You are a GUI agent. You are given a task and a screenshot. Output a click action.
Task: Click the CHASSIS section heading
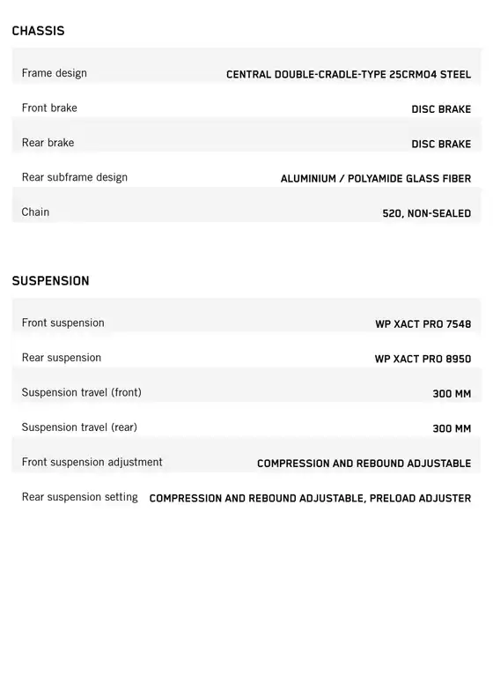tap(38, 31)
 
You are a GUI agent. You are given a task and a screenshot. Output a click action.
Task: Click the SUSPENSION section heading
tap(50, 281)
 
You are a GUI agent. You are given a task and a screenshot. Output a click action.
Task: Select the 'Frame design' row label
tap(55, 73)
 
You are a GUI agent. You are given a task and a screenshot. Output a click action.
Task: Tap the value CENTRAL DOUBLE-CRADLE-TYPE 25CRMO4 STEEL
tap(349, 75)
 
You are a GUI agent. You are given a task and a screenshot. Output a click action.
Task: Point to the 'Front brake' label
tap(49, 108)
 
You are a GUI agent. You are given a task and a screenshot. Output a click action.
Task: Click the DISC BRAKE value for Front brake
tap(441, 109)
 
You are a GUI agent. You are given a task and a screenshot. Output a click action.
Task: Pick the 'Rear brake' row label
tap(48, 143)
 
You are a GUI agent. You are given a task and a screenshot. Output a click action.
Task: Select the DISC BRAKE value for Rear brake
tap(441, 144)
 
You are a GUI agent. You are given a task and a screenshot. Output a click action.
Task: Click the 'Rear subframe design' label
tap(75, 177)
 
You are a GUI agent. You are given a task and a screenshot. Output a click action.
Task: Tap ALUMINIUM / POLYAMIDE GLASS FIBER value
tap(376, 179)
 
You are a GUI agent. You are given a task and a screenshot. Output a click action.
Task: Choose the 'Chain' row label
tap(36, 212)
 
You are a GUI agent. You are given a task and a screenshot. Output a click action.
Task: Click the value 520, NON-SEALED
tap(427, 213)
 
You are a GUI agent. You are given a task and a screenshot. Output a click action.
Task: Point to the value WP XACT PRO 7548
tap(423, 324)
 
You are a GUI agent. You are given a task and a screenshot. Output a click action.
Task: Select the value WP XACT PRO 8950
tap(423, 359)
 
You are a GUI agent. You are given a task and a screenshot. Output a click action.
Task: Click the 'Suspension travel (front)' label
tap(82, 392)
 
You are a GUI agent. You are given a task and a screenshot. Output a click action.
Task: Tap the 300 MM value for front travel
tap(452, 394)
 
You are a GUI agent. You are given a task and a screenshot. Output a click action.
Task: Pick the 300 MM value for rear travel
tap(452, 428)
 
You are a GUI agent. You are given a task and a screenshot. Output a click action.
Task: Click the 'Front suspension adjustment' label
tap(92, 462)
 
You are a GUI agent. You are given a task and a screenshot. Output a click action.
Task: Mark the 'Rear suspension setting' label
tap(80, 497)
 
